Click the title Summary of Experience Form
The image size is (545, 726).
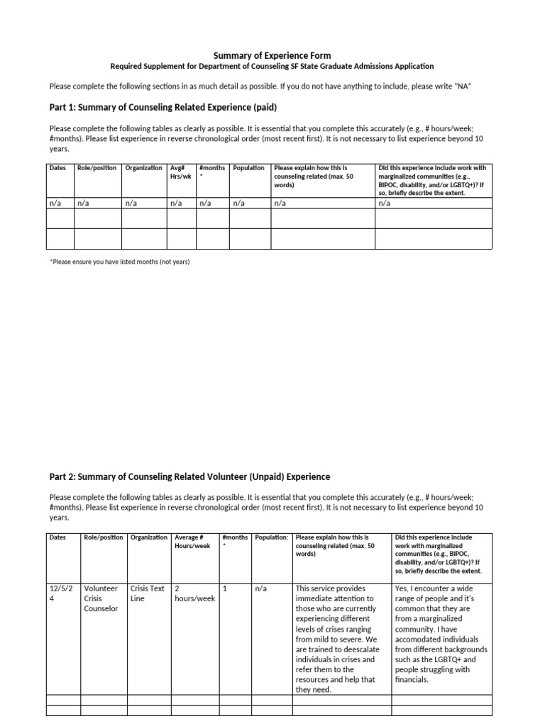pyautogui.click(x=272, y=55)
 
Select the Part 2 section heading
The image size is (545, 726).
pyautogui.click(x=189, y=476)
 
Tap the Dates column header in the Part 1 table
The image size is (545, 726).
pyautogui.click(x=57, y=168)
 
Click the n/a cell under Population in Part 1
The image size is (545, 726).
pyautogui.click(x=239, y=203)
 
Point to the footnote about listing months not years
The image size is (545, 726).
pyautogui.click(x=120, y=262)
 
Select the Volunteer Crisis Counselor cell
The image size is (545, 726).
pyautogui.click(x=101, y=598)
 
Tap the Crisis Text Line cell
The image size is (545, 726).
pyautogui.click(x=148, y=593)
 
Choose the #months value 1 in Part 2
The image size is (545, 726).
pyautogui.click(x=225, y=588)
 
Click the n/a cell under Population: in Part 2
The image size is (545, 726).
pyautogui.click(x=260, y=588)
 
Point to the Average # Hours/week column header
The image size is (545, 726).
pyautogui.click(x=192, y=542)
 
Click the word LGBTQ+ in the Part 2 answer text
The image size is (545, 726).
pyautogui.click(x=465, y=659)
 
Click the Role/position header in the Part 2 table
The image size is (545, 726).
pyautogui.click(x=103, y=537)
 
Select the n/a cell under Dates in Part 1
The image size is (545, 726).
pyautogui.click(x=55, y=203)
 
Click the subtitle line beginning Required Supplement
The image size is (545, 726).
pyautogui.click(x=272, y=67)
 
